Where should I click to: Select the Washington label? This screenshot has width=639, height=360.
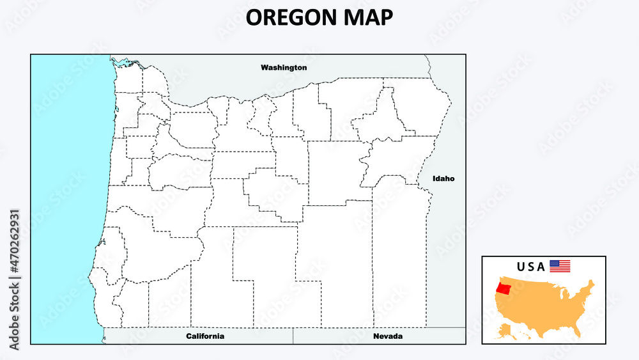tap(284, 67)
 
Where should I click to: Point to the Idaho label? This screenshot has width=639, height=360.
tap(443, 178)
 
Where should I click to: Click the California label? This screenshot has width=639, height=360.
tap(205, 336)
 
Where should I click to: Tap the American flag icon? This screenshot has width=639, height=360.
tap(560, 266)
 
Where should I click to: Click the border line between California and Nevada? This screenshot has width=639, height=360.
tap(293, 336)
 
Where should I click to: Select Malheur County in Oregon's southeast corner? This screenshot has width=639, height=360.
tap(400, 256)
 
